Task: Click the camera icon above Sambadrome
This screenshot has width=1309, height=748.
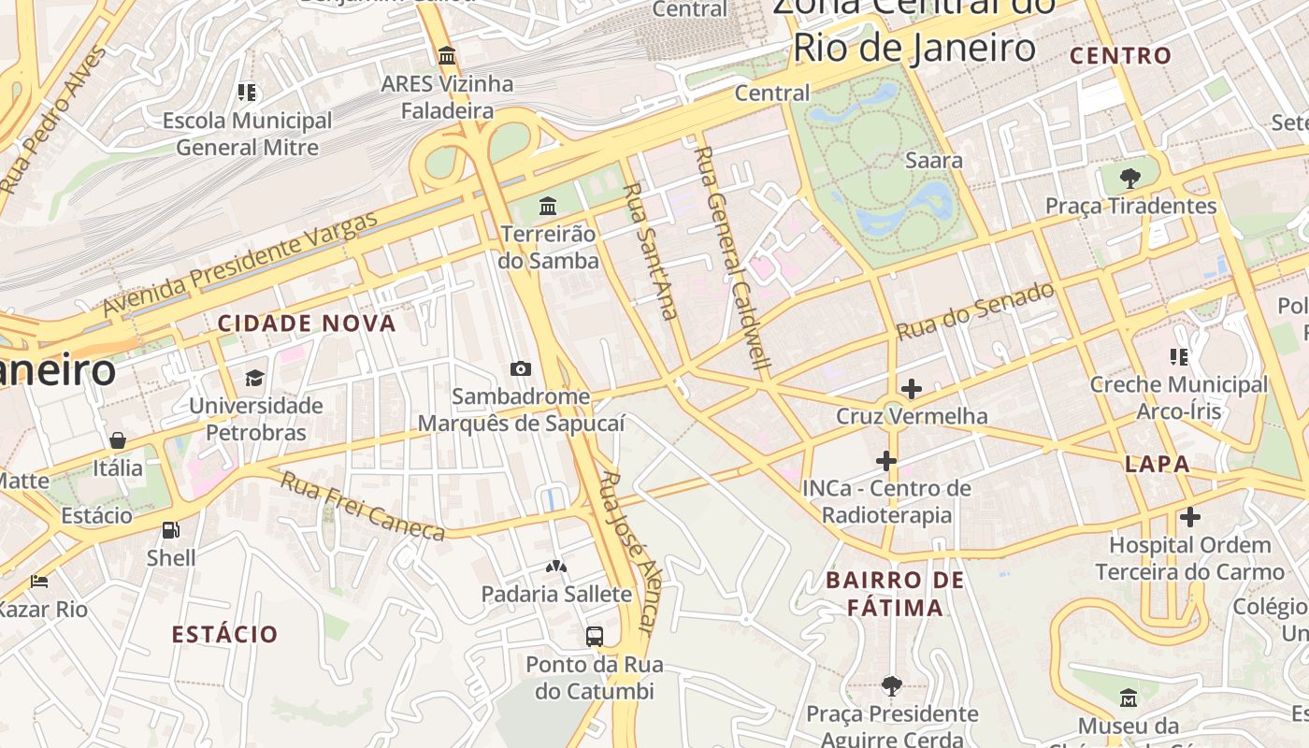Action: coord(521,369)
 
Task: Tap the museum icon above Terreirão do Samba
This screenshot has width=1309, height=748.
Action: coord(548,206)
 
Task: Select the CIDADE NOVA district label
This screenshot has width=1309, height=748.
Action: coord(307,324)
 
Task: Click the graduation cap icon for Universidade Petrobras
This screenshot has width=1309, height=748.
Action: coord(254,378)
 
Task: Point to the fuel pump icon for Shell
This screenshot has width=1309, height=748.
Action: coord(171,530)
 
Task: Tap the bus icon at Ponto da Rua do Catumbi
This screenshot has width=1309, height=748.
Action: coord(594,637)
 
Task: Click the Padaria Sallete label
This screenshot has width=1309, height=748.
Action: coord(556,594)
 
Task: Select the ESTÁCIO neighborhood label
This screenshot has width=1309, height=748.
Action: coord(224,634)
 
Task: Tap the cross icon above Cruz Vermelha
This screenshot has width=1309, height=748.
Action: coord(911,388)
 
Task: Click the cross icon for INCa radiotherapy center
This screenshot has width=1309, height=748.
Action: coord(886,461)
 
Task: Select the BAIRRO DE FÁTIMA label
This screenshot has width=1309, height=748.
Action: coord(895,594)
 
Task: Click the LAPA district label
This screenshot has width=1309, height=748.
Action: coord(1158,464)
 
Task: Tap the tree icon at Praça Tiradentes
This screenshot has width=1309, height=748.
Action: coord(1129,178)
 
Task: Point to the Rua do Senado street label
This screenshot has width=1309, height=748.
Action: coord(975,310)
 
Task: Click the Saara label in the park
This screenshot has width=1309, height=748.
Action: coord(933,161)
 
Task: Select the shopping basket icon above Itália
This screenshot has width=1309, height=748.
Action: coord(118,440)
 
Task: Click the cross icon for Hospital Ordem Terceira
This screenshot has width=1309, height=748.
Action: coord(1189,517)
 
